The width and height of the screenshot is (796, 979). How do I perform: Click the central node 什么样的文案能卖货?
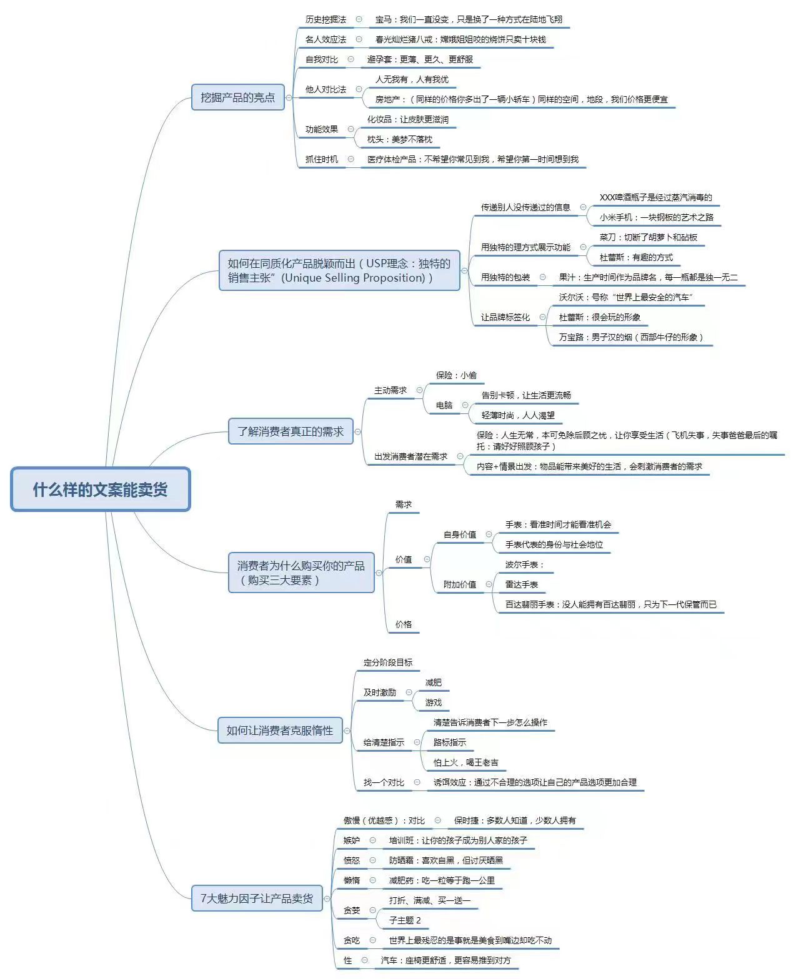[x=100, y=489]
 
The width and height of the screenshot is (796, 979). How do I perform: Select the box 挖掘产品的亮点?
[x=237, y=97]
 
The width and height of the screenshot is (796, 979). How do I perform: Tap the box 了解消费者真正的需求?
[x=290, y=431]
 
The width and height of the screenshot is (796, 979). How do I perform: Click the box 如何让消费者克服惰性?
[x=279, y=731]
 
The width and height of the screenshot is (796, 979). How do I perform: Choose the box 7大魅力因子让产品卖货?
[x=256, y=898]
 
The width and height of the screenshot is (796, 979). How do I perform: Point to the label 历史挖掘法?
[x=326, y=19]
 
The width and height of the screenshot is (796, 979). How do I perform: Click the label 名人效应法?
[x=326, y=39]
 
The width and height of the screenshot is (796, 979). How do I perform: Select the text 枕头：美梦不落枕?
[x=399, y=139]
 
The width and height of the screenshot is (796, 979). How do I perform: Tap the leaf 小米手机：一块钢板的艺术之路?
[x=656, y=217]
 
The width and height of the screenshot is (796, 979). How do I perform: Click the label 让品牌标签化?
[x=505, y=317]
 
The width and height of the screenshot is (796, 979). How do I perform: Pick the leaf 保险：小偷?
[x=456, y=375]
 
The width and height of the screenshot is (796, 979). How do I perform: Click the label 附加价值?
[x=459, y=584]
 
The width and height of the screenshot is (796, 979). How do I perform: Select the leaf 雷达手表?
[x=522, y=584]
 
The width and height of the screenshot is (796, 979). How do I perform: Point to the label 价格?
[x=403, y=624]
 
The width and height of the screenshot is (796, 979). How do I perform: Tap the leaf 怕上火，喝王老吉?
[x=465, y=762]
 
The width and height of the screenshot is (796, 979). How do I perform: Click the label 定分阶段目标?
[x=387, y=662]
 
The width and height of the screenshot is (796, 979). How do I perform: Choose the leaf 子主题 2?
[x=405, y=920]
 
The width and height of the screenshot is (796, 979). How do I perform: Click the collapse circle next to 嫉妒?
[x=373, y=840]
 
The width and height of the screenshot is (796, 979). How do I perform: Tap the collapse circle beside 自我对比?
[x=351, y=59]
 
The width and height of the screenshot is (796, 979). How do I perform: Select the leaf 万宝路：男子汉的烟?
[x=631, y=337]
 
